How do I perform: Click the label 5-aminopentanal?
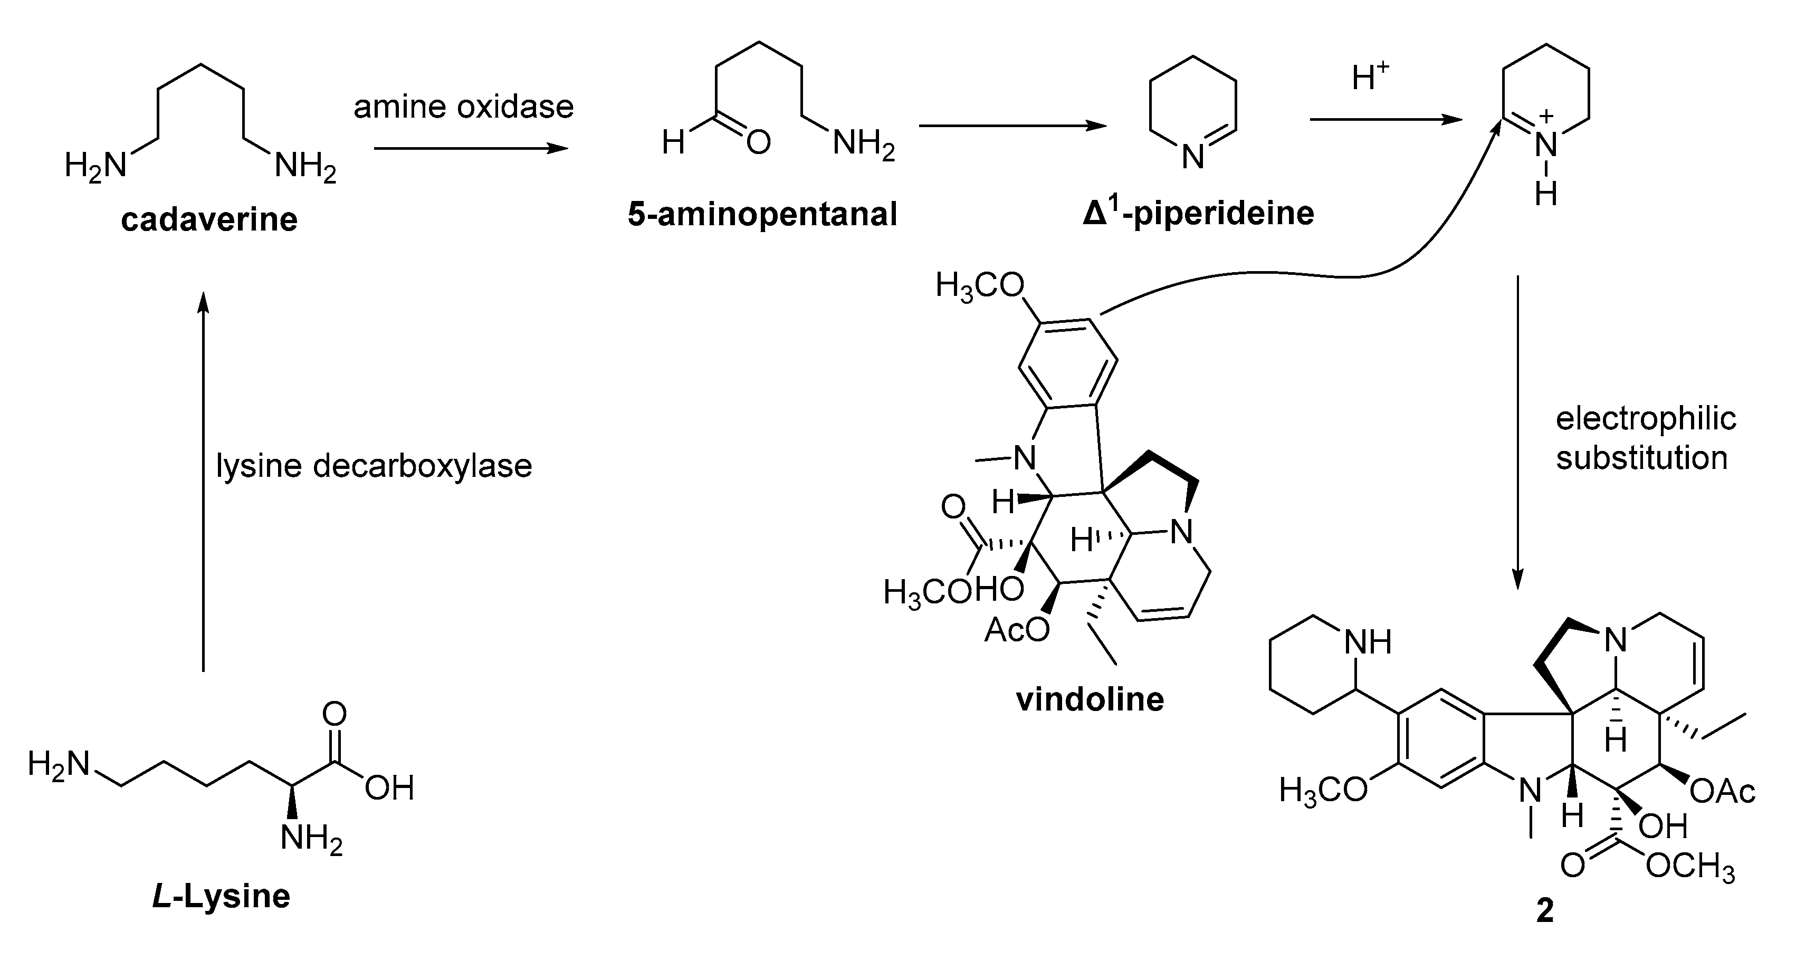(762, 215)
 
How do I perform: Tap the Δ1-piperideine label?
(1198, 213)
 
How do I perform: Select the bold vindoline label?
(1090, 699)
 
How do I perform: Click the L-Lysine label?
(221, 896)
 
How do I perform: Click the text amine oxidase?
(464, 107)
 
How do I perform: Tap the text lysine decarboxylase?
(374, 466)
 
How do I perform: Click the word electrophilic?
(1646, 419)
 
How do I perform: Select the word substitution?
(1641, 458)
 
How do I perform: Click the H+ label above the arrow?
(1370, 78)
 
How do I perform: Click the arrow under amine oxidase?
(471, 148)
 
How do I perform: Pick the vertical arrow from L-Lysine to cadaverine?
(203, 481)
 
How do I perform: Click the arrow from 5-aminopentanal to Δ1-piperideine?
(1012, 126)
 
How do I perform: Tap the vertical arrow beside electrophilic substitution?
(1518, 432)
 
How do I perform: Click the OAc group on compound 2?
(1722, 792)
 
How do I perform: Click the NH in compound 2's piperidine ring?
(1368, 642)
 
